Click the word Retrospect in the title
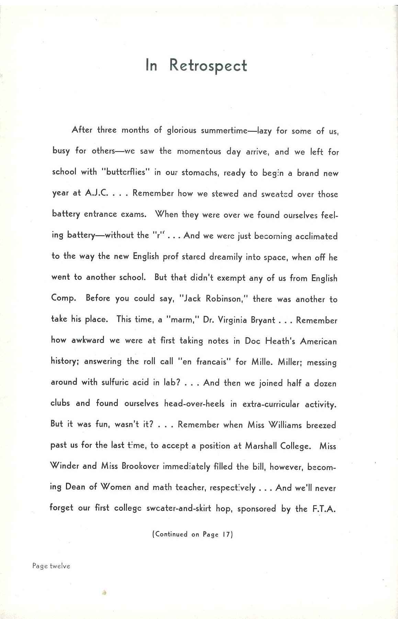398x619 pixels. pos(208,65)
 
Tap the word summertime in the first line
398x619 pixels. pos(224,130)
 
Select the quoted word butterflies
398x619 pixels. pos(126,172)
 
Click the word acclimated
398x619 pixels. pos(316,236)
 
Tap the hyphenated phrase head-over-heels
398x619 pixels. pos(194,404)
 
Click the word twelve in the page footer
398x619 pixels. pos(60,566)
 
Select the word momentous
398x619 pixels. pos(199,151)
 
